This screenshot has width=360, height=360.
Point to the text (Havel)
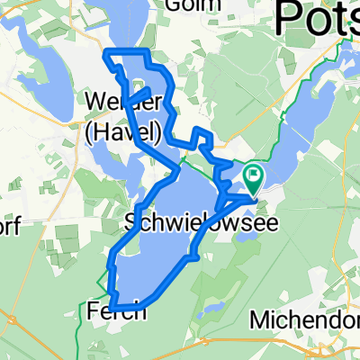[123, 132]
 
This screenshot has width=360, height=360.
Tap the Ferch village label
[117, 311]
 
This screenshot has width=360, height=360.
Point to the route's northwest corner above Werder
[109, 51]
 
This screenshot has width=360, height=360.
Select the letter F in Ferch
[97, 311]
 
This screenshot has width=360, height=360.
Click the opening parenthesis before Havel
[88, 133]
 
